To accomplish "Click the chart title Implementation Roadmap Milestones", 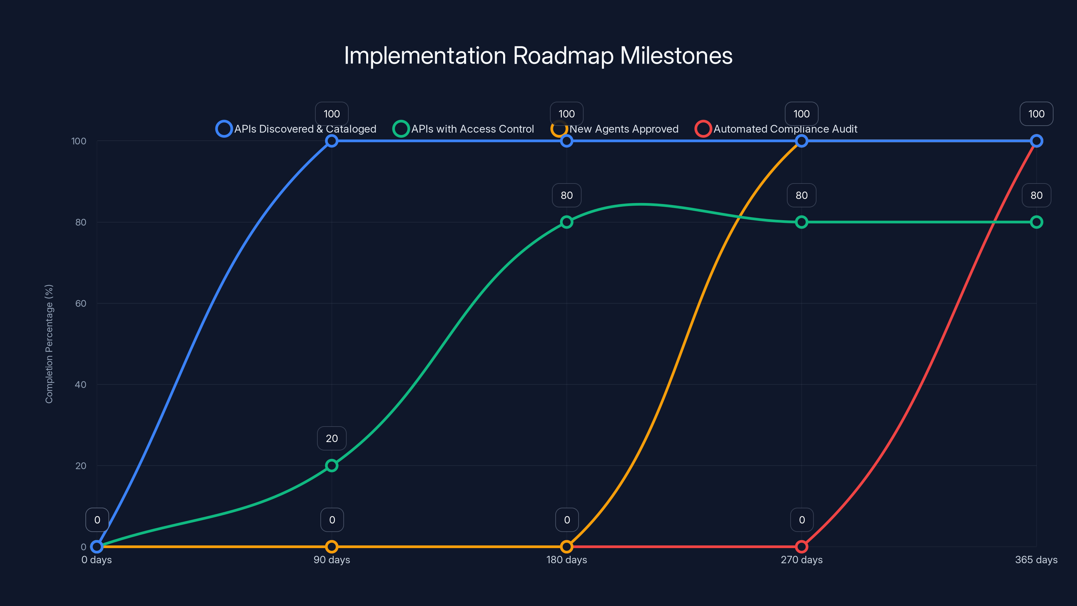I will (x=538, y=56).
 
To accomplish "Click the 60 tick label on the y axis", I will (x=81, y=303).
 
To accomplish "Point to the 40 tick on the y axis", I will (x=81, y=384).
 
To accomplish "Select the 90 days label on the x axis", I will (x=332, y=560).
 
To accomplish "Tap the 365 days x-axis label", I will (x=1036, y=560).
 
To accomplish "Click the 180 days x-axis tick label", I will (x=566, y=560).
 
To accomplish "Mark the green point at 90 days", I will (x=332, y=466).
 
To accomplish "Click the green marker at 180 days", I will (x=566, y=222).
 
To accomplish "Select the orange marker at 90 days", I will (x=332, y=547).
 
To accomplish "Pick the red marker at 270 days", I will (x=801, y=547).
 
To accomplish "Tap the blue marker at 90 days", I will (x=332, y=141).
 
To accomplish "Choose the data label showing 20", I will (x=332, y=438).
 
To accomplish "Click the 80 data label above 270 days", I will (x=801, y=195).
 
